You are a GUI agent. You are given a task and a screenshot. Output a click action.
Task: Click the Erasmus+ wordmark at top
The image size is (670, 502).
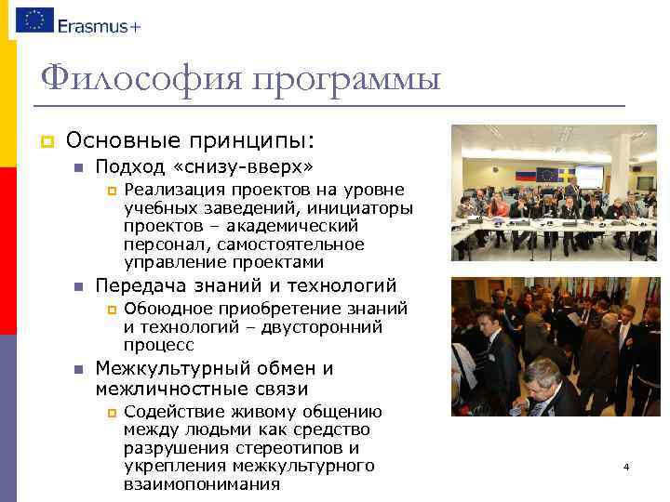tap(99, 26)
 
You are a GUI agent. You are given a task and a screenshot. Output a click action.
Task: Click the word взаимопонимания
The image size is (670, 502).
tap(201, 484)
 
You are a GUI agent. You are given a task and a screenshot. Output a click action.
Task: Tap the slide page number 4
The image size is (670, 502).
tap(626, 467)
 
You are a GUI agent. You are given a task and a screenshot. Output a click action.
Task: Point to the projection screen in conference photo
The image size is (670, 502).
tap(588, 174)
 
